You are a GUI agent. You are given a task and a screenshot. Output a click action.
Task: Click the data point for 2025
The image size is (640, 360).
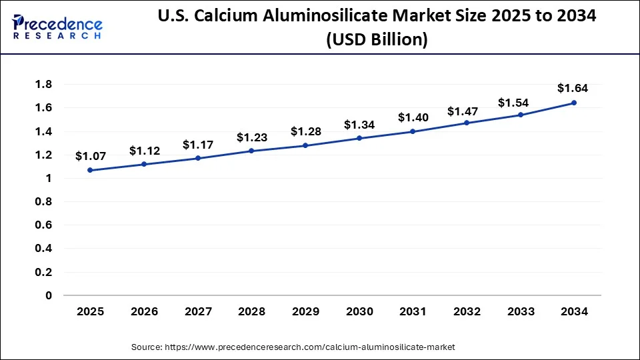(90, 170)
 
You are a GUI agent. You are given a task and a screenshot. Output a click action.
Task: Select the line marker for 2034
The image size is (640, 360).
(574, 103)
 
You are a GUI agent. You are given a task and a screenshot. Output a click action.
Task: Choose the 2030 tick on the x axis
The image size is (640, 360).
(359, 311)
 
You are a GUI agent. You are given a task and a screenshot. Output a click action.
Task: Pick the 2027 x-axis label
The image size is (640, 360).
(197, 311)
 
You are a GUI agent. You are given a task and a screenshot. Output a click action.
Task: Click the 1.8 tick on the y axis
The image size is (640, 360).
(44, 85)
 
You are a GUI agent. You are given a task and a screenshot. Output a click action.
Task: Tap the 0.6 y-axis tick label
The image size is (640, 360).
(44, 225)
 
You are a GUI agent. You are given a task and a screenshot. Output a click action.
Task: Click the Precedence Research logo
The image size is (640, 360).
(57, 27)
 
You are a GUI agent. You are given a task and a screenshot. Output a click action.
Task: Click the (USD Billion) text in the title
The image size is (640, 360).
(377, 40)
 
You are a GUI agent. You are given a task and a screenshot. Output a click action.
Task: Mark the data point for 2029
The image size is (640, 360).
(305, 145)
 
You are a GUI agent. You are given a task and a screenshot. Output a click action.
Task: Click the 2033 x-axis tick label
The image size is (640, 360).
(520, 311)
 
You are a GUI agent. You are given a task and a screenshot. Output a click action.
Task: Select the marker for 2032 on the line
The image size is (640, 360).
(467, 123)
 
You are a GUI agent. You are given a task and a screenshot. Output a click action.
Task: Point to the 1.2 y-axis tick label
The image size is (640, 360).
(44, 155)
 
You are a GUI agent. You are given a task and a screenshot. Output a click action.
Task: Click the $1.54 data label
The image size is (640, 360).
(513, 103)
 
